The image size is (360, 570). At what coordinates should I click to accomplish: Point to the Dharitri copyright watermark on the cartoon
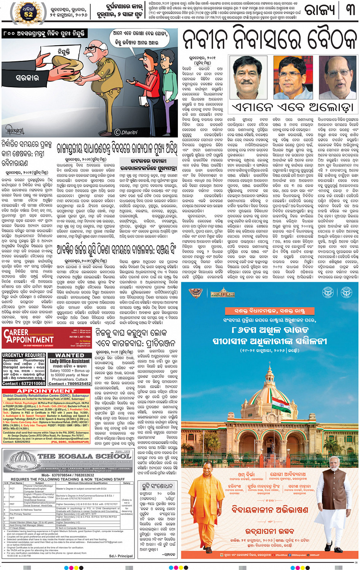tap(126, 132)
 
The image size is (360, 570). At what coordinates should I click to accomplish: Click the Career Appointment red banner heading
tap(29, 337)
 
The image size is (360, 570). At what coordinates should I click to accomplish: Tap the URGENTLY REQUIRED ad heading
tap(24, 355)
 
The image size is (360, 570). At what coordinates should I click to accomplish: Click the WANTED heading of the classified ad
tap(70, 355)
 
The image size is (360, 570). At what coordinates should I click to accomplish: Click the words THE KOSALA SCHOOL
tap(84, 456)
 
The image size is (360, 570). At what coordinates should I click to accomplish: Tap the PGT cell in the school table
tap(12, 489)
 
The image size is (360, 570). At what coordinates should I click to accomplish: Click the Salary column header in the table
tap(127, 483)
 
